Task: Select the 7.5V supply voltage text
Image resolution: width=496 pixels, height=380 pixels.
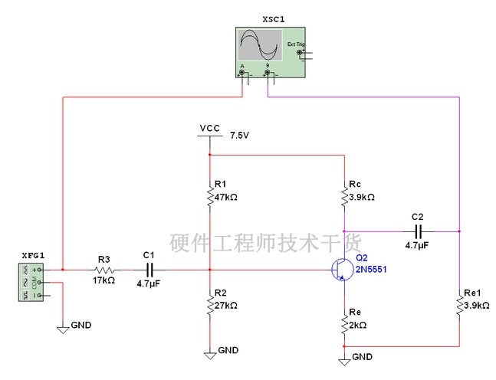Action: click(x=240, y=135)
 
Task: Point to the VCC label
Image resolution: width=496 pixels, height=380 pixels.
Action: click(x=209, y=127)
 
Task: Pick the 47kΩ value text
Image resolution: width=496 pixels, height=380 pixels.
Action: click(x=226, y=197)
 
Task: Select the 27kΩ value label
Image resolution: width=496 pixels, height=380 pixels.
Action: click(x=226, y=305)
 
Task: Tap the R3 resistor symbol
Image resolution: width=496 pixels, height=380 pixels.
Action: click(x=104, y=270)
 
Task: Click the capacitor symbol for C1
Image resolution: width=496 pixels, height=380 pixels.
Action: click(x=149, y=270)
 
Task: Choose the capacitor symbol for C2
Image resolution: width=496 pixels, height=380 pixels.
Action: click(x=418, y=231)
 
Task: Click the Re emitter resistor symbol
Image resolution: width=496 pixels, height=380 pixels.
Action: click(x=344, y=325)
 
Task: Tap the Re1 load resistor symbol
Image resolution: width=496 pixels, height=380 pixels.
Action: click(x=458, y=306)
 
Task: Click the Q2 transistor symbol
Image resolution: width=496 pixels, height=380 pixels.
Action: click(x=340, y=270)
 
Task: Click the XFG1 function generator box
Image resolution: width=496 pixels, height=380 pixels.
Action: click(x=30, y=281)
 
